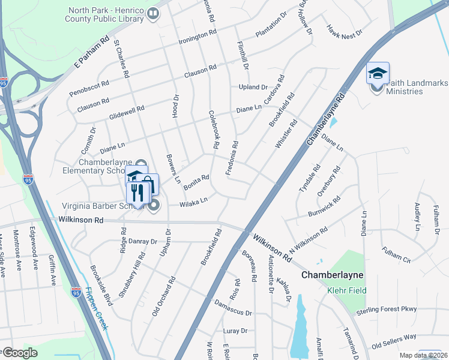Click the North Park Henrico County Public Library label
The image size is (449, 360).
coord(106,14)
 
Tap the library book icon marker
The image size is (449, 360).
coord(153,13)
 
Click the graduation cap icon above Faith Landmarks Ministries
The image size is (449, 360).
coord(378,74)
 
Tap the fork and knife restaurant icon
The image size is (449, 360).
coord(138,193)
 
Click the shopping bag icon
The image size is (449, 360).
coord(150,184)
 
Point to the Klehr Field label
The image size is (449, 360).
coord(346,291)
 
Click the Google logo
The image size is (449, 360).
coord(20,353)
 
